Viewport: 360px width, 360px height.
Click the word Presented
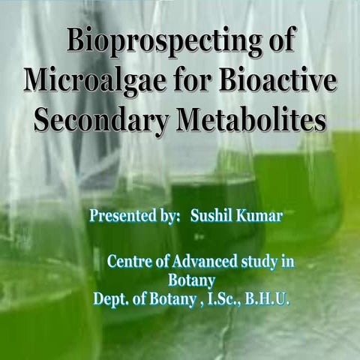pos(123,217)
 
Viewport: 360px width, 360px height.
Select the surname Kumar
pos(259,217)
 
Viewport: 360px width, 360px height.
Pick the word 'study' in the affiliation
pos(259,262)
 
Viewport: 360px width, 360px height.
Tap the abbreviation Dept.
pos(110,298)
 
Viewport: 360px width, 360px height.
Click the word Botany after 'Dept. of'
pos(169,298)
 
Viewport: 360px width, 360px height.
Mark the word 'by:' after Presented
pos(169,217)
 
